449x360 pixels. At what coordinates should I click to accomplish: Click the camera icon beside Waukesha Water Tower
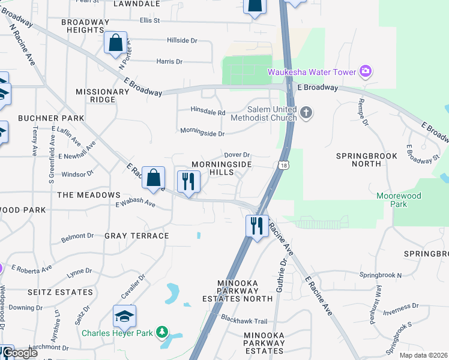[366, 73]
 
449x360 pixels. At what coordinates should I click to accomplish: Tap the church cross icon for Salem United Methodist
[306, 113]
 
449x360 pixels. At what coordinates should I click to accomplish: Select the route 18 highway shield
[283, 165]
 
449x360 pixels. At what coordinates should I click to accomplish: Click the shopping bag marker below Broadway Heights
[115, 43]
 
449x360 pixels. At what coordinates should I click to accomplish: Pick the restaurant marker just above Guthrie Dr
[257, 226]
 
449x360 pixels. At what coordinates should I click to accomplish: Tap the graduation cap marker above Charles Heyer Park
[124, 316]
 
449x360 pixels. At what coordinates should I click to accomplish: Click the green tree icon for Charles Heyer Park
[161, 332]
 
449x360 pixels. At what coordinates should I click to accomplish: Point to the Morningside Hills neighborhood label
[221, 168]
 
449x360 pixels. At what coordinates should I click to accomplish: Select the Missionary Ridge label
[102, 96]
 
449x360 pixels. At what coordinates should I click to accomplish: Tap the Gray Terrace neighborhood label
[137, 236]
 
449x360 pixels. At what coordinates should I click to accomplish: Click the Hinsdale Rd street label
[208, 112]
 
